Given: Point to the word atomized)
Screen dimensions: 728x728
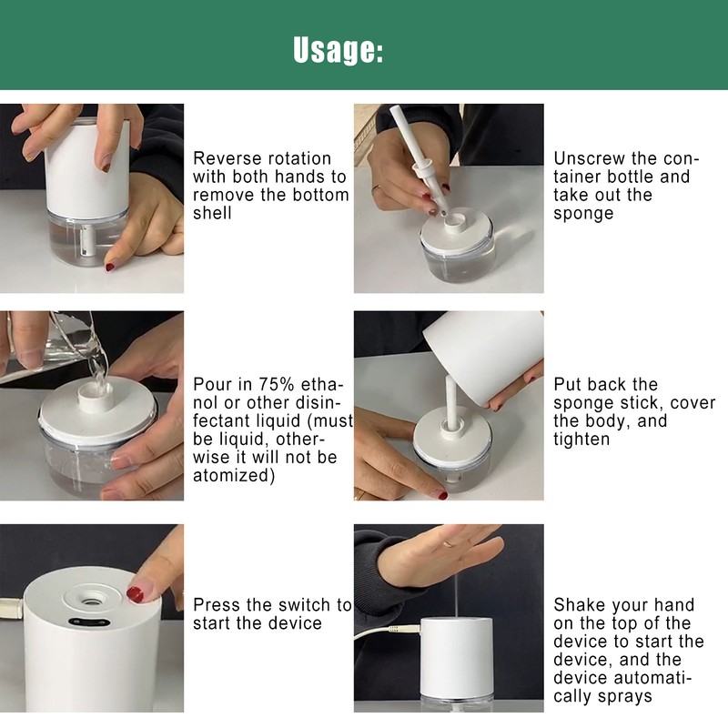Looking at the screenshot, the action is click(x=234, y=476).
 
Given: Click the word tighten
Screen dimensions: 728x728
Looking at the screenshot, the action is click(x=581, y=440).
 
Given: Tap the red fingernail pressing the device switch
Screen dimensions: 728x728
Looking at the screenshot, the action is click(x=135, y=595).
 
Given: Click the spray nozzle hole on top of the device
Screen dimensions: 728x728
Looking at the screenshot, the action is click(x=90, y=602).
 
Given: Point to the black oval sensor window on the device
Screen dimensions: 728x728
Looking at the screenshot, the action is click(x=89, y=622).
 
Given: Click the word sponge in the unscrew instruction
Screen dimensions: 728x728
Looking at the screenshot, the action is click(x=583, y=214).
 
